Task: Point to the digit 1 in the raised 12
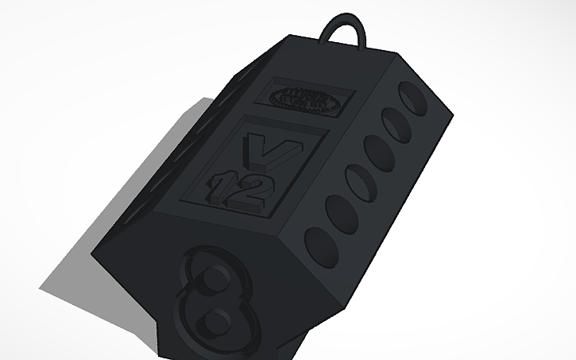click(x=217, y=185)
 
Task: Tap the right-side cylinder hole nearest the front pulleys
click(x=320, y=241)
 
